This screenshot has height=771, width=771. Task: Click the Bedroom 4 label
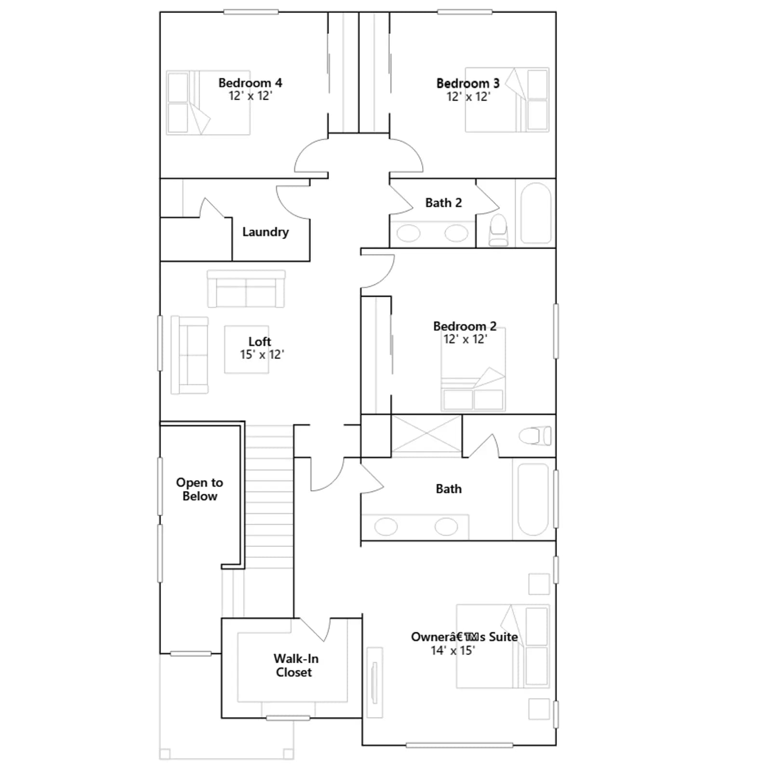tap(250, 83)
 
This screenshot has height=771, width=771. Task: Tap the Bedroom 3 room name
tap(468, 83)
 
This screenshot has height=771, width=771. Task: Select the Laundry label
tap(266, 232)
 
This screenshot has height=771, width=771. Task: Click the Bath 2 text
tap(443, 203)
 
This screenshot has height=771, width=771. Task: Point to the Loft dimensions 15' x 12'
tap(262, 355)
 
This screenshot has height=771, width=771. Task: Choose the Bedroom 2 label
tap(465, 326)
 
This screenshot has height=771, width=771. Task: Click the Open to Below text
tap(199, 489)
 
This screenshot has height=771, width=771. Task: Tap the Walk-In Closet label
tap(296, 665)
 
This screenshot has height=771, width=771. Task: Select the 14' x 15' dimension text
tap(453, 651)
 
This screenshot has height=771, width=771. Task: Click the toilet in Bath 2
tap(498, 230)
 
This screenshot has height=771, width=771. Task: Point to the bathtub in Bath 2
tap(536, 213)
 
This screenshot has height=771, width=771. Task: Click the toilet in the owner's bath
tap(535, 436)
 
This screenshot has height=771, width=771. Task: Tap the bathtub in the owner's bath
tap(533, 499)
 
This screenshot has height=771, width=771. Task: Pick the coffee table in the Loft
tap(246, 349)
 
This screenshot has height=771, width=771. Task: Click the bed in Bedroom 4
tap(208, 103)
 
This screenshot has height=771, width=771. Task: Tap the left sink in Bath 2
tap(408, 234)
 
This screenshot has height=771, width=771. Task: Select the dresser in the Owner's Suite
tap(374, 682)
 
